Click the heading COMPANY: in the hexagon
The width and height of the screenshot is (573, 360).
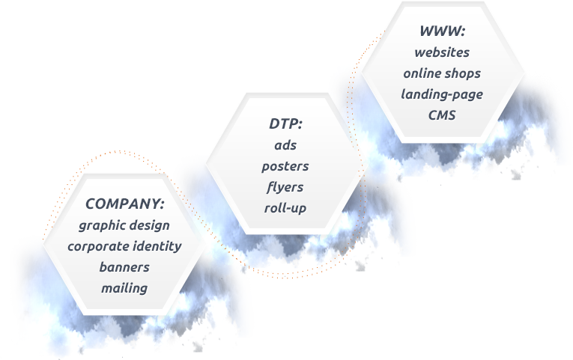124,204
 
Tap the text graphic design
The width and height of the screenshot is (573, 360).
124,225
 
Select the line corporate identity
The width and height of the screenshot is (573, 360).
124,245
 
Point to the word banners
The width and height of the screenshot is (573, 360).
124,266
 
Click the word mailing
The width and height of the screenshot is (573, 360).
124,287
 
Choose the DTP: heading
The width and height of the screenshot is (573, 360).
285,123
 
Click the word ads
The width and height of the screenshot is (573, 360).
285,144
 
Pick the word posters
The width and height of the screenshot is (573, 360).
285,165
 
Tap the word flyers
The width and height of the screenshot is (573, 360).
285,186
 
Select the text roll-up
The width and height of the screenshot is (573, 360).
285,207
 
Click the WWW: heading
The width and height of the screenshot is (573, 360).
442,31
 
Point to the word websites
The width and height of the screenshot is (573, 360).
442,52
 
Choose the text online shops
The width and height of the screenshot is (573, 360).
442,73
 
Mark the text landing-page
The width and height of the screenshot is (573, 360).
442,94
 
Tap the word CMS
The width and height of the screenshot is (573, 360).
442,115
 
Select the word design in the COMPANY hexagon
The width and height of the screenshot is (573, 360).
150,225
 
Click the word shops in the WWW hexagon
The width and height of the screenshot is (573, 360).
465,73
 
